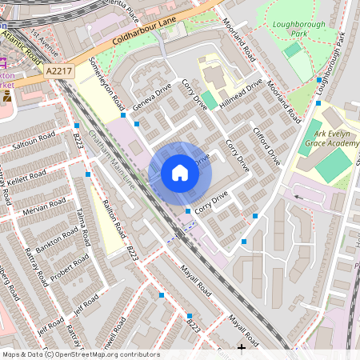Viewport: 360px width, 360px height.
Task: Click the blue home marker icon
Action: coord(180,173)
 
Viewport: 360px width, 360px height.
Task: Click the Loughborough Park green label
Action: coord(287,30)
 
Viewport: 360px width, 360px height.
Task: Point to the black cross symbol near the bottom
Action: coord(242,347)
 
